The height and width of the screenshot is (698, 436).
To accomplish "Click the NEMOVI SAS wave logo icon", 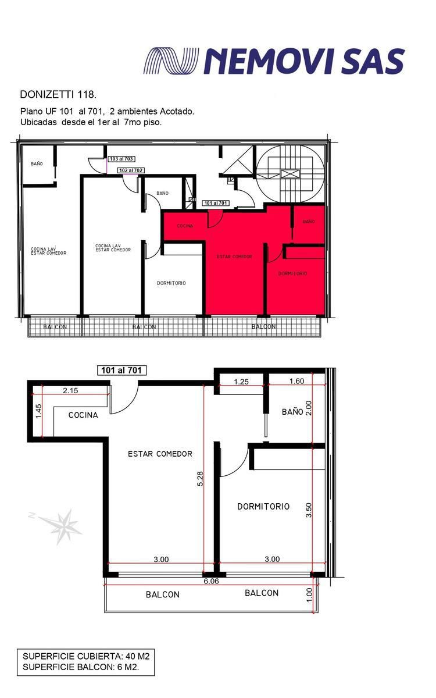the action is [x=171, y=60].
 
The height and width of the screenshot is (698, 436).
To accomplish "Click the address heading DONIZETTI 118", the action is [x=58, y=94].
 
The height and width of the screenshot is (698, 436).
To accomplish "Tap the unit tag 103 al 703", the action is [x=121, y=159].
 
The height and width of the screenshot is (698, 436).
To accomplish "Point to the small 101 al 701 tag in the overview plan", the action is [x=216, y=203].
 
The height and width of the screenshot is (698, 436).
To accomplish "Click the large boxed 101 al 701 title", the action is [x=121, y=370].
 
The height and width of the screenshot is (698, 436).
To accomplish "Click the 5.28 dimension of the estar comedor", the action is [x=200, y=479].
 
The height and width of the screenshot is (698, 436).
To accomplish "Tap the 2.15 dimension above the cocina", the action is [x=70, y=390].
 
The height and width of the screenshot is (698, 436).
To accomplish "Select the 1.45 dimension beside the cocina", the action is [x=38, y=411].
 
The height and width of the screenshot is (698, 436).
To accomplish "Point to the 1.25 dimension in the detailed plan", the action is [x=241, y=382].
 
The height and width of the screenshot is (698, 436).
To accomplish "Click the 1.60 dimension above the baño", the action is [x=296, y=381].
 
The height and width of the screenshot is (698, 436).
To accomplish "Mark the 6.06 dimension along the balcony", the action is [x=211, y=581].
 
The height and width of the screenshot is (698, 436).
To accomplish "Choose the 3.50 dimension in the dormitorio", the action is [x=309, y=510].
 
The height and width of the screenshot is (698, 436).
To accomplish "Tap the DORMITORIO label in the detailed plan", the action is [x=263, y=507].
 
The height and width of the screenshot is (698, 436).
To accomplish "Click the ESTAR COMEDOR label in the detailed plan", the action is [x=160, y=454].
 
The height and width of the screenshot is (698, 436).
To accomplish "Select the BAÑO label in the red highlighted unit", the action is [x=309, y=222].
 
